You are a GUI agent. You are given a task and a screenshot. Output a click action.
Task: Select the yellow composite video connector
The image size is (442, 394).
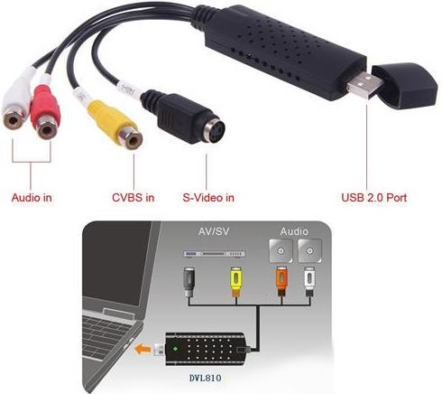[115, 124]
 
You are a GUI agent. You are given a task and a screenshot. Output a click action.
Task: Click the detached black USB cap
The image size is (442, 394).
[406, 85]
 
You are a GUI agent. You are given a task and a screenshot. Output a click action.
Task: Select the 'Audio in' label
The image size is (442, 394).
[32, 198]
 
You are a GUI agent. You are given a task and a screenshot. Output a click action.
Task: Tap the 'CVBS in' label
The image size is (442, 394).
[133, 198]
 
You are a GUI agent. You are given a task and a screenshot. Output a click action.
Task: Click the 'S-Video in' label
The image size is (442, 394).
[208, 198]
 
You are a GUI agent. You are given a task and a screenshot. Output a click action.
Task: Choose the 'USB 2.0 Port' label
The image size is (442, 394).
[374, 198]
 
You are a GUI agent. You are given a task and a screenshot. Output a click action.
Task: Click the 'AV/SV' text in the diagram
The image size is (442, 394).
[214, 231]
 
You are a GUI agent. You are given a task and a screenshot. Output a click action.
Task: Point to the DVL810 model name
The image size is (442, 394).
[206, 378]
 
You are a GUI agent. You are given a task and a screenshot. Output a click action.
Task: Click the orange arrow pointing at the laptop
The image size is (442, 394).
[143, 350]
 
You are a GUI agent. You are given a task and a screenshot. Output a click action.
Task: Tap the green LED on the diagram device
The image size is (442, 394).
[175, 350]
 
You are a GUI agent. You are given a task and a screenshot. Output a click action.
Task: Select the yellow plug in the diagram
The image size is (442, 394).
[236, 282]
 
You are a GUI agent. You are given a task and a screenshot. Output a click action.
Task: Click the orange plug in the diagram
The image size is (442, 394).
[281, 282]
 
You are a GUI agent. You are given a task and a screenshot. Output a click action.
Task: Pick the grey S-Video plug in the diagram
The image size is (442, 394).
[189, 282]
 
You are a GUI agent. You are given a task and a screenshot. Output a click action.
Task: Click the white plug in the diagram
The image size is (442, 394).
[309, 282]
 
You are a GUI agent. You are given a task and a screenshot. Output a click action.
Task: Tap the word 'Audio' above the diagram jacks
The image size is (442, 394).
[294, 231]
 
